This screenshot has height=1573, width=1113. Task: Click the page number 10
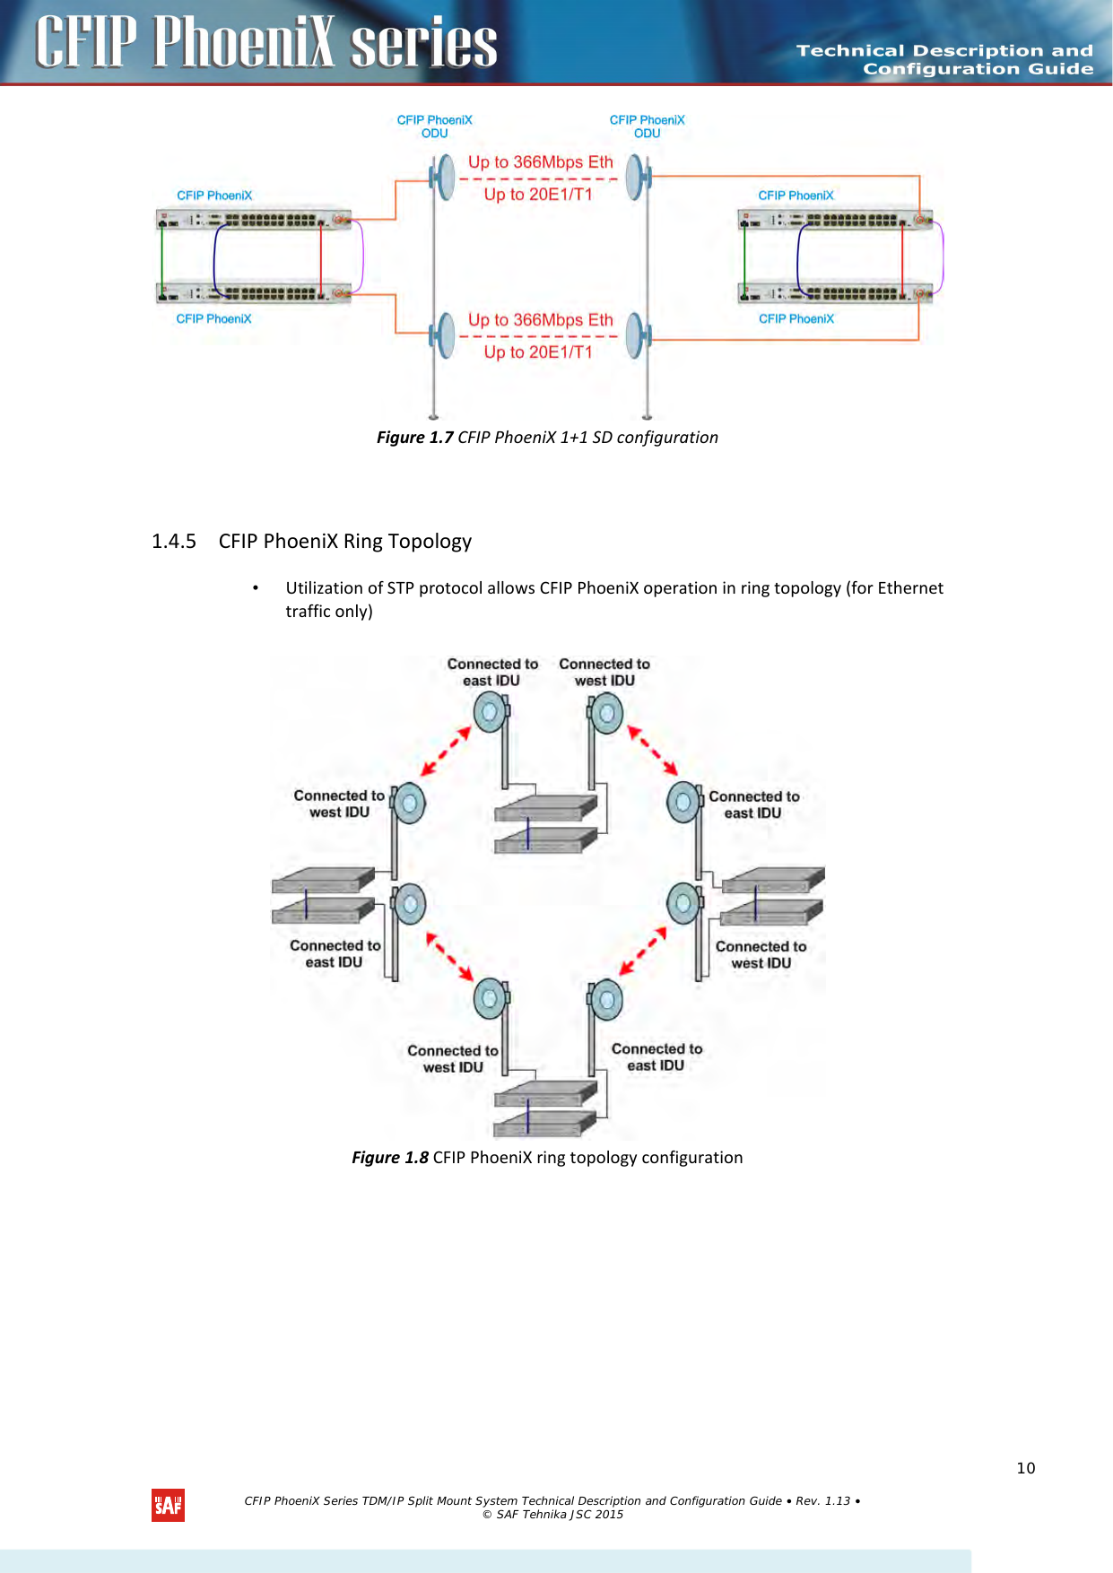[1025, 1468]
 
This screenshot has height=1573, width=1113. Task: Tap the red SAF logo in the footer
[168, 1506]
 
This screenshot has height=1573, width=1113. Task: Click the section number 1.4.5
[173, 542]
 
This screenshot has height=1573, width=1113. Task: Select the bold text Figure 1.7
[414, 438]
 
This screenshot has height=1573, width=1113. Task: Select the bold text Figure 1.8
[390, 1158]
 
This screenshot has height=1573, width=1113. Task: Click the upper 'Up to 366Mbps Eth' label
[540, 162]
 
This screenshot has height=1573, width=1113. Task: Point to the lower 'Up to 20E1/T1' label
[538, 352]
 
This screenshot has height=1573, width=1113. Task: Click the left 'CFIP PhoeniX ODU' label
[434, 126]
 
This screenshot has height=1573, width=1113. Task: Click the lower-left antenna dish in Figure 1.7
[443, 335]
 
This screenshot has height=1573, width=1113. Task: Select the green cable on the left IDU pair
[161, 256]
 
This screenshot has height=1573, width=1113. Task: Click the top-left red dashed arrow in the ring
[446, 752]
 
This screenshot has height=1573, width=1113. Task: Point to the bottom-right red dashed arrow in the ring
[643, 951]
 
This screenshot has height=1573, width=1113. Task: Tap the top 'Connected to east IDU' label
[492, 673]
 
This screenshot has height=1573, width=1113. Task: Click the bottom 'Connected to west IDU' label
[453, 1059]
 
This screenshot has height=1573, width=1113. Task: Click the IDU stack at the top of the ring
[545, 823]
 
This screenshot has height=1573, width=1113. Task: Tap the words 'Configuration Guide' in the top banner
[978, 69]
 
